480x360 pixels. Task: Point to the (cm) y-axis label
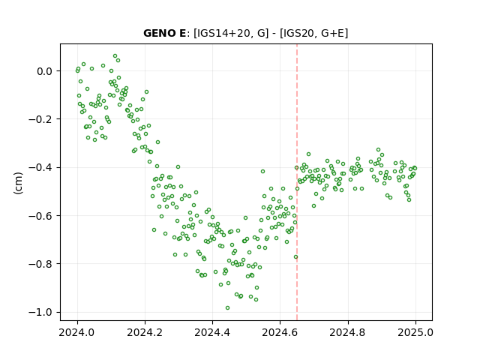pyautogui.click(x=18, y=183)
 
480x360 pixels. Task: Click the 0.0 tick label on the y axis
pyautogui.click(x=44, y=71)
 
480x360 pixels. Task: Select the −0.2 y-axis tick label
pyautogui.click(x=40, y=119)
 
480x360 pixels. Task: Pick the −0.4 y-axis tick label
pyautogui.click(x=40, y=168)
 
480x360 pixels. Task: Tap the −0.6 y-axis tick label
pyautogui.click(x=40, y=216)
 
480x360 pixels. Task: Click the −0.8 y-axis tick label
pyautogui.click(x=40, y=264)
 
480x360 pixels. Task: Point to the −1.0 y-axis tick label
pyautogui.click(x=40, y=312)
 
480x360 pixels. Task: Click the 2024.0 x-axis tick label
pyautogui.click(x=77, y=332)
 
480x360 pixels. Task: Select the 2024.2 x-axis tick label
pyautogui.click(x=145, y=332)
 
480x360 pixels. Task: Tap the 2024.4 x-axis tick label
pyautogui.click(x=212, y=332)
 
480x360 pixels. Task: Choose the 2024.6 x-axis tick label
pyautogui.click(x=280, y=332)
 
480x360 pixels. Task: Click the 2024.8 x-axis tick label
pyautogui.click(x=348, y=332)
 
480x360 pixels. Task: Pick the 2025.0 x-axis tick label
pyautogui.click(x=415, y=332)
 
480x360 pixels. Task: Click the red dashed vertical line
pyautogui.click(x=297, y=182)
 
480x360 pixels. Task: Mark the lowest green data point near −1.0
pyautogui.click(x=227, y=307)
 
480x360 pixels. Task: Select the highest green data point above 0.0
pyautogui.click(x=115, y=56)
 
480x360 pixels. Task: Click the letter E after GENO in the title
pyautogui.click(x=181, y=33)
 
